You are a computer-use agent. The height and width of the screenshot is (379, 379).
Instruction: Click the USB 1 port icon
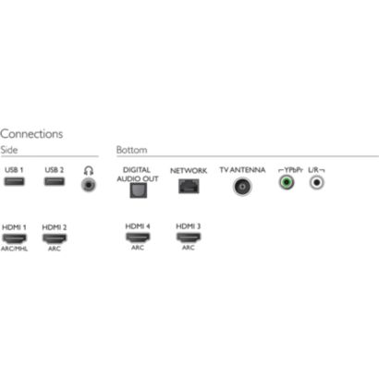click(14, 181)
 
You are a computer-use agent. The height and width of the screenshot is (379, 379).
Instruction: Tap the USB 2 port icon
click(55, 181)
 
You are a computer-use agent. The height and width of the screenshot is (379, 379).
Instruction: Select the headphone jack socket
click(89, 185)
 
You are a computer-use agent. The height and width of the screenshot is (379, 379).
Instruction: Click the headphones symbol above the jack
click(89, 170)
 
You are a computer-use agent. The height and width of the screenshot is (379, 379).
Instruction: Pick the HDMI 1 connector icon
click(14, 238)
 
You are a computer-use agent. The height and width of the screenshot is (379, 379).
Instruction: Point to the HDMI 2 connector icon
click(55, 238)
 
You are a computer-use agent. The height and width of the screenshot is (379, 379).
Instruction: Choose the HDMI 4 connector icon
click(138, 237)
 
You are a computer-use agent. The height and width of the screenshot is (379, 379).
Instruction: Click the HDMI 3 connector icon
click(189, 237)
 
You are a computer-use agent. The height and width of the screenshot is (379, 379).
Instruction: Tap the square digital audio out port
click(139, 190)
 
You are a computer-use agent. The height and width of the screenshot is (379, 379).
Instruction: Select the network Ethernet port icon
click(189, 187)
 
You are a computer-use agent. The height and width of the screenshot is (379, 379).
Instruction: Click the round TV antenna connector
click(242, 187)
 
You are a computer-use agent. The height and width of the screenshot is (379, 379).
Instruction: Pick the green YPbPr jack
click(287, 182)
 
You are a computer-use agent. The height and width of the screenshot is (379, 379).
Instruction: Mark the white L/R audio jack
click(317, 182)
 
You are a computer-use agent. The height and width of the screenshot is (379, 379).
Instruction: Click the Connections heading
click(31, 134)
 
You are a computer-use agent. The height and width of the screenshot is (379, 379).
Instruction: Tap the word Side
click(9, 150)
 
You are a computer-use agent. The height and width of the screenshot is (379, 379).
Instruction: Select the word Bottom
click(131, 150)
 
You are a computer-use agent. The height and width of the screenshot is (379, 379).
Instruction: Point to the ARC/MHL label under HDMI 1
click(14, 249)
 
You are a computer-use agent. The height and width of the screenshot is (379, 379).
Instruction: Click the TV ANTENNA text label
click(242, 170)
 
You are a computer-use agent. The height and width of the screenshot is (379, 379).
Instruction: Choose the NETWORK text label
click(189, 170)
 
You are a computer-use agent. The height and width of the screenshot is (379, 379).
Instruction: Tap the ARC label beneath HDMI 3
click(189, 248)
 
